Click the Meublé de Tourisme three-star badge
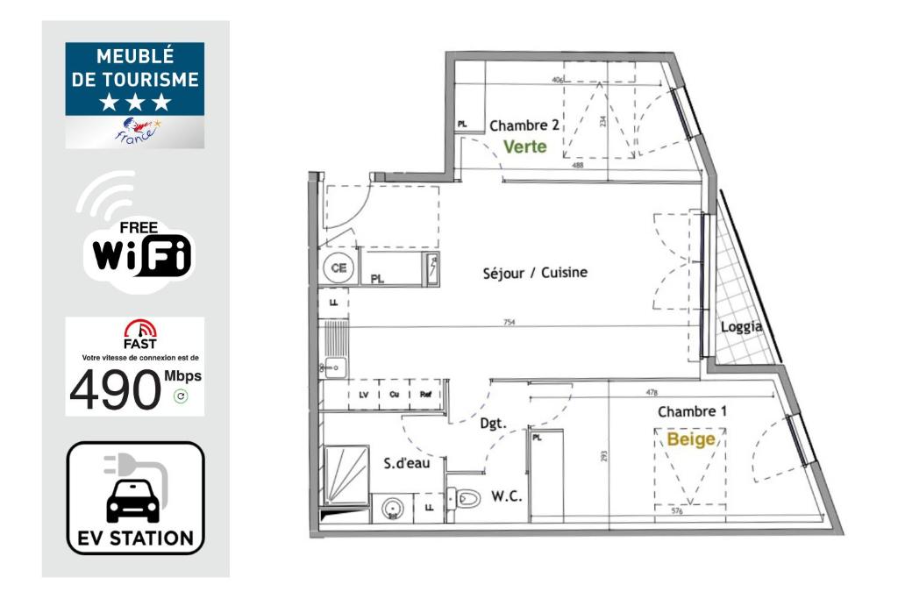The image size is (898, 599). (135, 94)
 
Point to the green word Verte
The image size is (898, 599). (524, 147)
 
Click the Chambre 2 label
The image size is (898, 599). (524, 125)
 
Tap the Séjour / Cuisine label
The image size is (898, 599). (535, 273)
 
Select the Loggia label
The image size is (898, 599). (740, 327)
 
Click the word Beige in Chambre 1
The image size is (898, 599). (691, 439)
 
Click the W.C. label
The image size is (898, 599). (507, 497)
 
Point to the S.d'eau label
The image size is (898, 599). (407, 463)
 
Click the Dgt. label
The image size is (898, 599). (494, 424)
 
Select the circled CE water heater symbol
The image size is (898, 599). (338, 268)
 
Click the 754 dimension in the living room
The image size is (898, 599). (510, 323)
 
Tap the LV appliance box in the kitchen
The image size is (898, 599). (364, 394)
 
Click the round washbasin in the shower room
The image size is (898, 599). (392, 507)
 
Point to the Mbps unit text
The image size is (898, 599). (182, 376)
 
